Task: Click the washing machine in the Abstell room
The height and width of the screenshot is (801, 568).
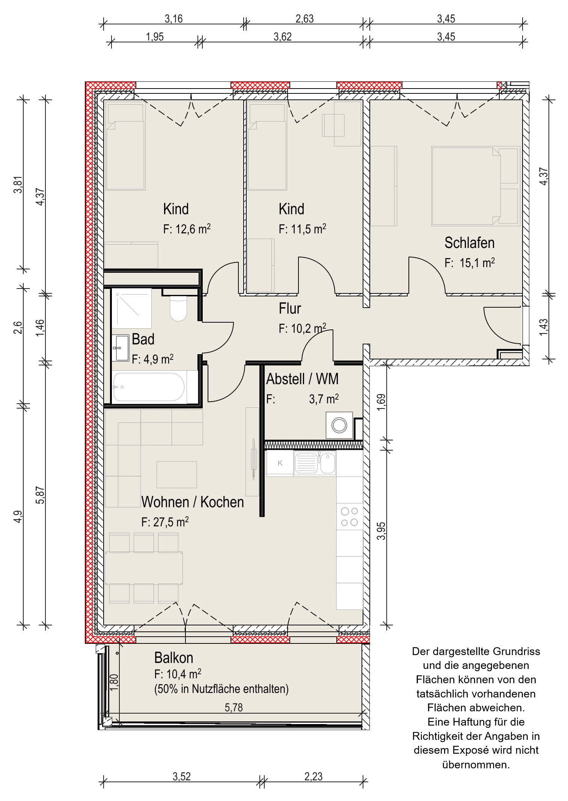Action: pos(339,425)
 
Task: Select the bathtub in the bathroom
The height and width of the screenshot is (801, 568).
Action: pos(149,387)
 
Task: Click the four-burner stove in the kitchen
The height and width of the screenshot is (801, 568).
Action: pos(350,517)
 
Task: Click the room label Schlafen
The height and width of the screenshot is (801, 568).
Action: pos(469,243)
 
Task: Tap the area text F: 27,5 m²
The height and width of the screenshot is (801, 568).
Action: pos(165,522)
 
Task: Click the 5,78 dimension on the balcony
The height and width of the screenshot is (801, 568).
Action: pos(234,708)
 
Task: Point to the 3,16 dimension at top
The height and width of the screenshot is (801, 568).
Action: pos(173,19)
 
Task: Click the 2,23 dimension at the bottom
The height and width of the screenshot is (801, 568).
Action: pos(313,776)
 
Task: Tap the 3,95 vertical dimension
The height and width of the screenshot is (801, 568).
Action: pos(381,531)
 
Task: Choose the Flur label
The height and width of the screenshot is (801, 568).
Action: pos(290,308)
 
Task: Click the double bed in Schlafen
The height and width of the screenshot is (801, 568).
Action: pos(475,186)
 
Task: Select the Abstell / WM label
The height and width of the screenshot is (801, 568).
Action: pos(302,379)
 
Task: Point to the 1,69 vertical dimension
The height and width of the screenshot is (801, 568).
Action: pos(381,402)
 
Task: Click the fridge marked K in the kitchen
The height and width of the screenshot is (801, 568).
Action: pos(280,463)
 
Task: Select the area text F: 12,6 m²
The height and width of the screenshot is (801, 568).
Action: pos(187,229)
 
